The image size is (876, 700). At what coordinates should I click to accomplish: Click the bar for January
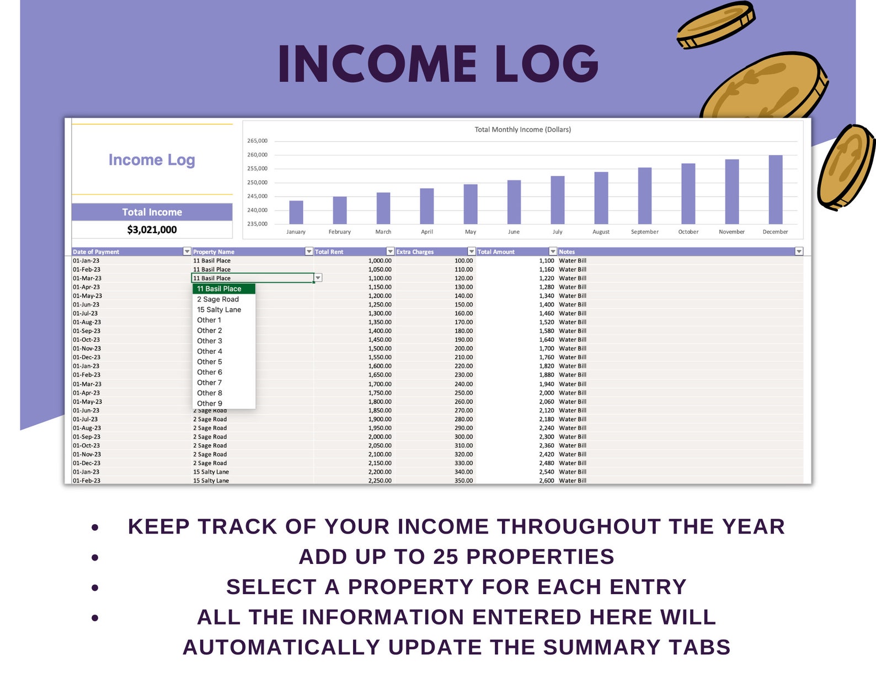tap(296, 212)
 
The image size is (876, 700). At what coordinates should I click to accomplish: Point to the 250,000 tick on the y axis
tap(257, 182)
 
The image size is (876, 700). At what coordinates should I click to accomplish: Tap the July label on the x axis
tap(557, 232)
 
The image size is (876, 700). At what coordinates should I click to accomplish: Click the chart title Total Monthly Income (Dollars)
tap(522, 130)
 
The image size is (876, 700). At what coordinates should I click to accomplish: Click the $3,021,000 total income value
tap(152, 230)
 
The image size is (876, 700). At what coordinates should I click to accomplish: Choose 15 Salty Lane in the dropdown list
tap(219, 310)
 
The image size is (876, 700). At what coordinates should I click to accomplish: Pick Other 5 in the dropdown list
tap(210, 362)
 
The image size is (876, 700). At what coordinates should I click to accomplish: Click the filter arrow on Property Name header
tap(309, 251)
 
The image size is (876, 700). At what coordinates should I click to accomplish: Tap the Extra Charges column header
tap(415, 252)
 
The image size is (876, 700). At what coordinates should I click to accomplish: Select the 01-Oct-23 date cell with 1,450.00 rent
tap(87, 340)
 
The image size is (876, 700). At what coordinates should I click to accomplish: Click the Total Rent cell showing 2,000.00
tap(380, 437)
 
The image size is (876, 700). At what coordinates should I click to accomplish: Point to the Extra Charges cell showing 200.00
tap(463, 348)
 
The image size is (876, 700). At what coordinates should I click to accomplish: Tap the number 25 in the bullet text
tap(445, 557)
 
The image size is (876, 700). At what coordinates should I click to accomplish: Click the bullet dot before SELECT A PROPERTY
tap(95, 588)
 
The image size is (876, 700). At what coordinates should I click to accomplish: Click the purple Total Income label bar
tap(152, 212)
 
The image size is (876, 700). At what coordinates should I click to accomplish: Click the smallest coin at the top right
tap(715, 25)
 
